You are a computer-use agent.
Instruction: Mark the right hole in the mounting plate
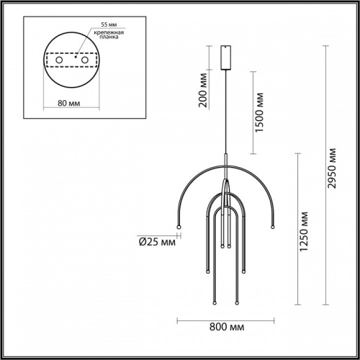coord(86,62)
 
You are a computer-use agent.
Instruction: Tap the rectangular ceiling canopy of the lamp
coord(226,56)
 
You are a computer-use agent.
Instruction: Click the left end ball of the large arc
coord(179,228)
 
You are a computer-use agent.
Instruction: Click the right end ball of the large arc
coord(272,228)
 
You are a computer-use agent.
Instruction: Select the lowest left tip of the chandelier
coord(215,303)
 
